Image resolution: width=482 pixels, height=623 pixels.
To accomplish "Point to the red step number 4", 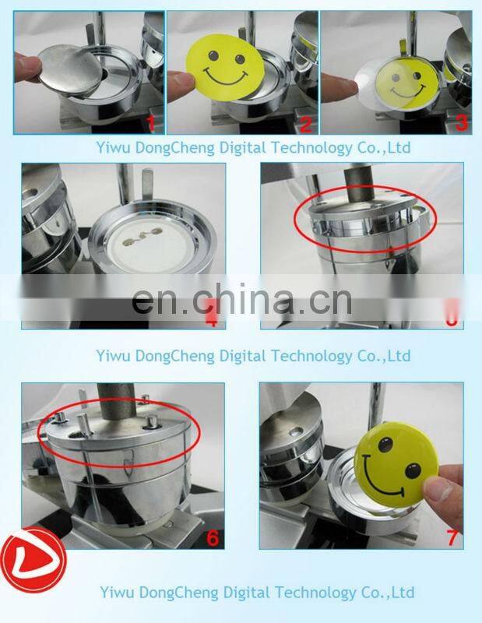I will tap(209, 317).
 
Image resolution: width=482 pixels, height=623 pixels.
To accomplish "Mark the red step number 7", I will tap(451, 538).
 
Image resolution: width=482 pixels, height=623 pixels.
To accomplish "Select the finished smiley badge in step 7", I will tap(391, 461).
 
